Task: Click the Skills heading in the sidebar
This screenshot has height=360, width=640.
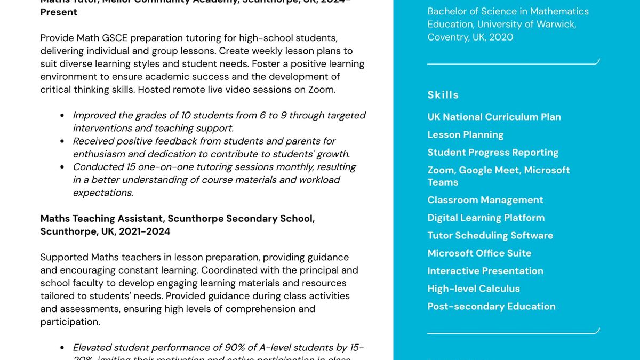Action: coord(443,95)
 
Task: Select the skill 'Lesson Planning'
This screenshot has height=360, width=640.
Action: coord(465,135)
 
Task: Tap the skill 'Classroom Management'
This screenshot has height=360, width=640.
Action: coord(485,200)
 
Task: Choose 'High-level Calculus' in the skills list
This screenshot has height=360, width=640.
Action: coord(473,289)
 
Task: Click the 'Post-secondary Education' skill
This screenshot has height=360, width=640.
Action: coord(491,306)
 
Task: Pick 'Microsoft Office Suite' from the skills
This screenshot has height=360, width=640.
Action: coord(479,253)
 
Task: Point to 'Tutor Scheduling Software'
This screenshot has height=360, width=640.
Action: coord(490,235)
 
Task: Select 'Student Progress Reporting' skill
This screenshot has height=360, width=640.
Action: coord(493,153)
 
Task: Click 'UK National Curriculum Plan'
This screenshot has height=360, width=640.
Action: coord(494,117)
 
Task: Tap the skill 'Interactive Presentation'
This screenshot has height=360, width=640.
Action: coord(485,271)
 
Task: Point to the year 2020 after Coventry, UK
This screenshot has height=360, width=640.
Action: coord(501,37)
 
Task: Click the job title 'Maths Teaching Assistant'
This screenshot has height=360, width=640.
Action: coord(102,219)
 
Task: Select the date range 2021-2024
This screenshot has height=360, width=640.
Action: coord(145,231)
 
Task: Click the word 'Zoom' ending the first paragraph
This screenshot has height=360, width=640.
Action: coord(322,90)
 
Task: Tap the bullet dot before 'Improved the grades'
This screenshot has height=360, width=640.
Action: coord(62,116)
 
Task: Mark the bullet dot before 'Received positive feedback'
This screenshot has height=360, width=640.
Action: coord(62,141)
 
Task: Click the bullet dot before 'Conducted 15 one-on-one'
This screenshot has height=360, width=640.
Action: coord(62,167)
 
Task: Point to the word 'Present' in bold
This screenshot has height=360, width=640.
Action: coord(59,12)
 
